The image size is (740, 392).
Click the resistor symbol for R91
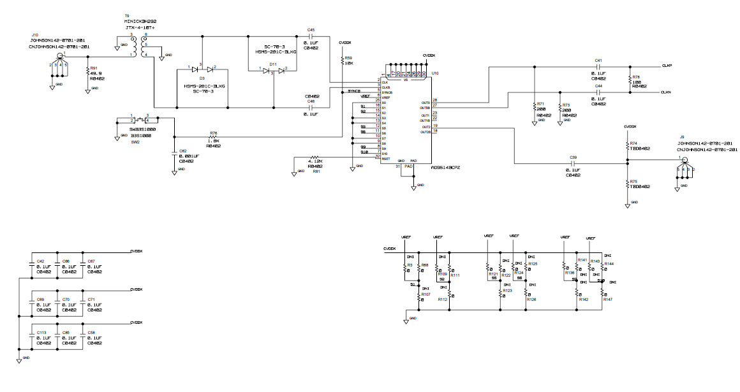(x=88, y=72)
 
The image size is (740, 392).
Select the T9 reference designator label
(x=126, y=16)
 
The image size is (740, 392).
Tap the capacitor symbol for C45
(x=311, y=36)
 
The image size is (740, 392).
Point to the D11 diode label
(x=272, y=64)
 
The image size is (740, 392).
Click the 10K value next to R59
(x=349, y=64)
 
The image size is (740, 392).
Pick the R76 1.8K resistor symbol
(x=213, y=137)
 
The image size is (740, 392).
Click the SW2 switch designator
(x=135, y=143)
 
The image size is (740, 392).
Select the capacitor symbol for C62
(x=174, y=154)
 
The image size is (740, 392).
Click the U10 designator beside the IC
(x=435, y=74)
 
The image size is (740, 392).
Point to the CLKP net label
(x=667, y=65)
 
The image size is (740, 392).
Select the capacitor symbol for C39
(x=573, y=163)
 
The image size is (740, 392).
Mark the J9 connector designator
(x=682, y=137)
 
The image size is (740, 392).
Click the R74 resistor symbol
(x=627, y=146)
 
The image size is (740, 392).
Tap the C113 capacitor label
(x=41, y=332)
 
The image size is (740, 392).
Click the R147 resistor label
(x=607, y=299)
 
